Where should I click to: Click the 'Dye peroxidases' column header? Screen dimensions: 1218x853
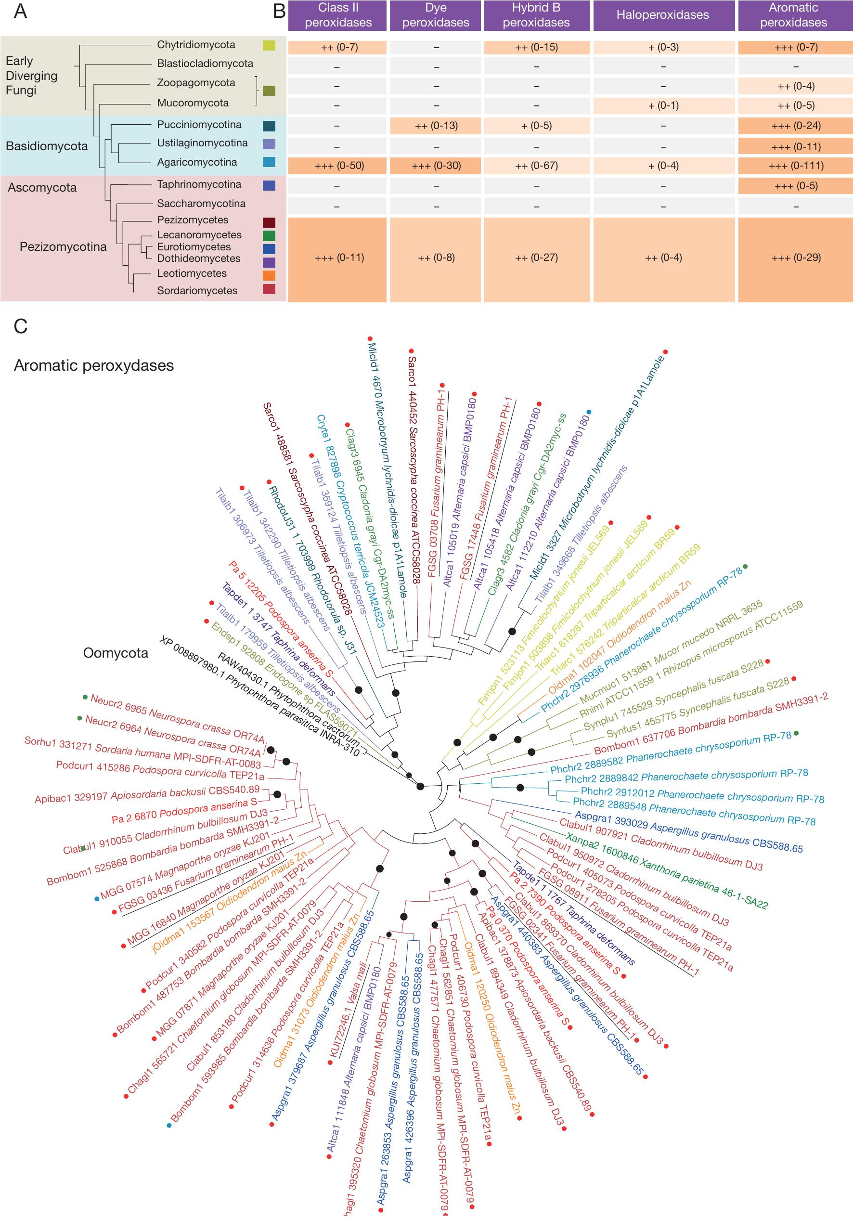(x=436, y=15)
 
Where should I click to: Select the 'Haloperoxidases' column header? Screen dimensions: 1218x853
(x=662, y=15)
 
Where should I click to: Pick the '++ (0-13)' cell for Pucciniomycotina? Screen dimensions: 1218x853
(x=436, y=126)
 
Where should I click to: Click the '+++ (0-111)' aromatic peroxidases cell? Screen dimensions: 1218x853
(x=796, y=166)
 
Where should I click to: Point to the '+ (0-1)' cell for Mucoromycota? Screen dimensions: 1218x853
(x=663, y=105)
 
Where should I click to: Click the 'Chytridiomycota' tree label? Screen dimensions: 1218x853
(x=196, y=45)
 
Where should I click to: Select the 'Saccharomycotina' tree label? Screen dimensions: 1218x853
(x=201, y=204)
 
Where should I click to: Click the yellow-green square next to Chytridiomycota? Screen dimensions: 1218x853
(x=269, y=46)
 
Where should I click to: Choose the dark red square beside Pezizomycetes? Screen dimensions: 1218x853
(x=269, y=222)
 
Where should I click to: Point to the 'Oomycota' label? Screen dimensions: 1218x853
(x=116, y=653)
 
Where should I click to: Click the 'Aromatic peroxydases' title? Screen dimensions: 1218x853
(x=94, y=365)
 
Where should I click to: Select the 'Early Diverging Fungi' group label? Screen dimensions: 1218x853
(x=31, y=75)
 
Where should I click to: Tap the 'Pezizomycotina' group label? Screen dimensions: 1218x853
(x=63, y=246)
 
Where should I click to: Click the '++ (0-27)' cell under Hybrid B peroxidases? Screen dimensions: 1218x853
(x=536, y=258)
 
